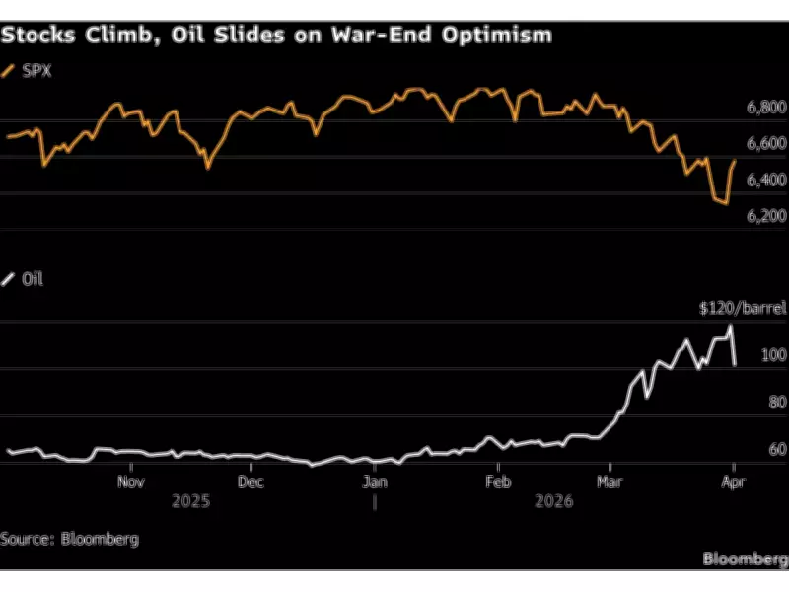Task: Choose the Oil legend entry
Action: click(33, 279)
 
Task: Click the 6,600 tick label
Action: click(765, 144)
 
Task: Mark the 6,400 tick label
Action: click(765, 180)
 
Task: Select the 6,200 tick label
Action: click(765, 215)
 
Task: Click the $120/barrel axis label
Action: click(743, 308)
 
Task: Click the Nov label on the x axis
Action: click(131, 482)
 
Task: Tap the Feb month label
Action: click(499, 482)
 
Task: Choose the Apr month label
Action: click(733, 482)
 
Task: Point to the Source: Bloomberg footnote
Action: click(69, 539)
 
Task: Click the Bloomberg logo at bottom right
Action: click(745, 559)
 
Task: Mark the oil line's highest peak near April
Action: click(731, 326)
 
